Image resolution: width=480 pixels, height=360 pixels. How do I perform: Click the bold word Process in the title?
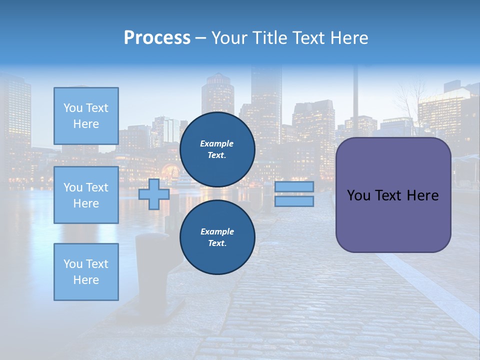coord(157,38)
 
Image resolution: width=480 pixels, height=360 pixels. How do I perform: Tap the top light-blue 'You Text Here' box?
coord(86,116)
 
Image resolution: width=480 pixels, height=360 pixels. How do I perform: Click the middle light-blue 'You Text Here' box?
coord(86,195)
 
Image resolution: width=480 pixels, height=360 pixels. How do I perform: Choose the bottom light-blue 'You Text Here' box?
coord(86,271)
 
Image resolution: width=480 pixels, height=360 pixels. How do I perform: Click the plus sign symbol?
coord(153,194)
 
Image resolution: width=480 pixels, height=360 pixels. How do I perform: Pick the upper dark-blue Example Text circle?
coord(217,149)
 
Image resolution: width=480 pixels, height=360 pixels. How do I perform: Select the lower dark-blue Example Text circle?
coord(217,237)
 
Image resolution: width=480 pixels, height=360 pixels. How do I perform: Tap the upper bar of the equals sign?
coord(294,186)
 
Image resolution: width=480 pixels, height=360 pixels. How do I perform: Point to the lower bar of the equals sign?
coord(294,201)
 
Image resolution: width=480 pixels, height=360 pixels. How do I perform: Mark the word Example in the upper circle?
coord(217,143)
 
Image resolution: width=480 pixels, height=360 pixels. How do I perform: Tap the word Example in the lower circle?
coord(217,231)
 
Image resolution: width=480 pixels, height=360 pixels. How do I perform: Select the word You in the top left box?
coord(73,108)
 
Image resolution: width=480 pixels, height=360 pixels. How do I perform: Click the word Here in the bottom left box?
coord(86,280)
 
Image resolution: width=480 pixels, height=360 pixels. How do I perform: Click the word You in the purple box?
coord(358,195)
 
